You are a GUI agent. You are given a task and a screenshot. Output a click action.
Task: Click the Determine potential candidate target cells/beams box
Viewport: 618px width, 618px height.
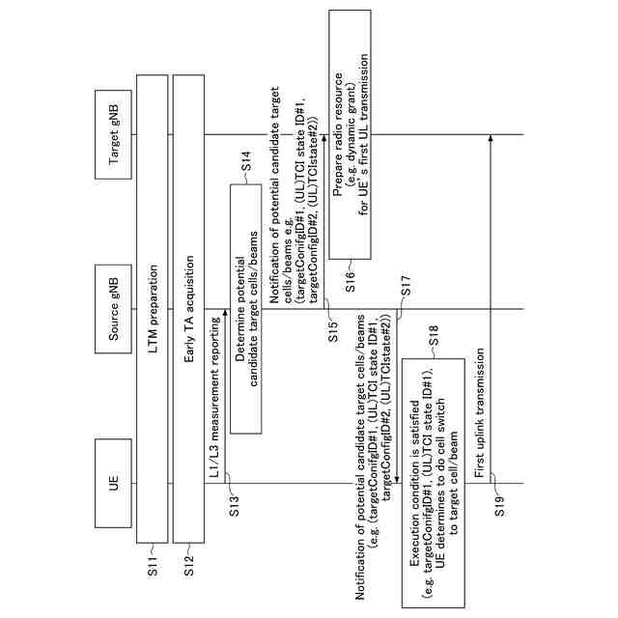point(246,309)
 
